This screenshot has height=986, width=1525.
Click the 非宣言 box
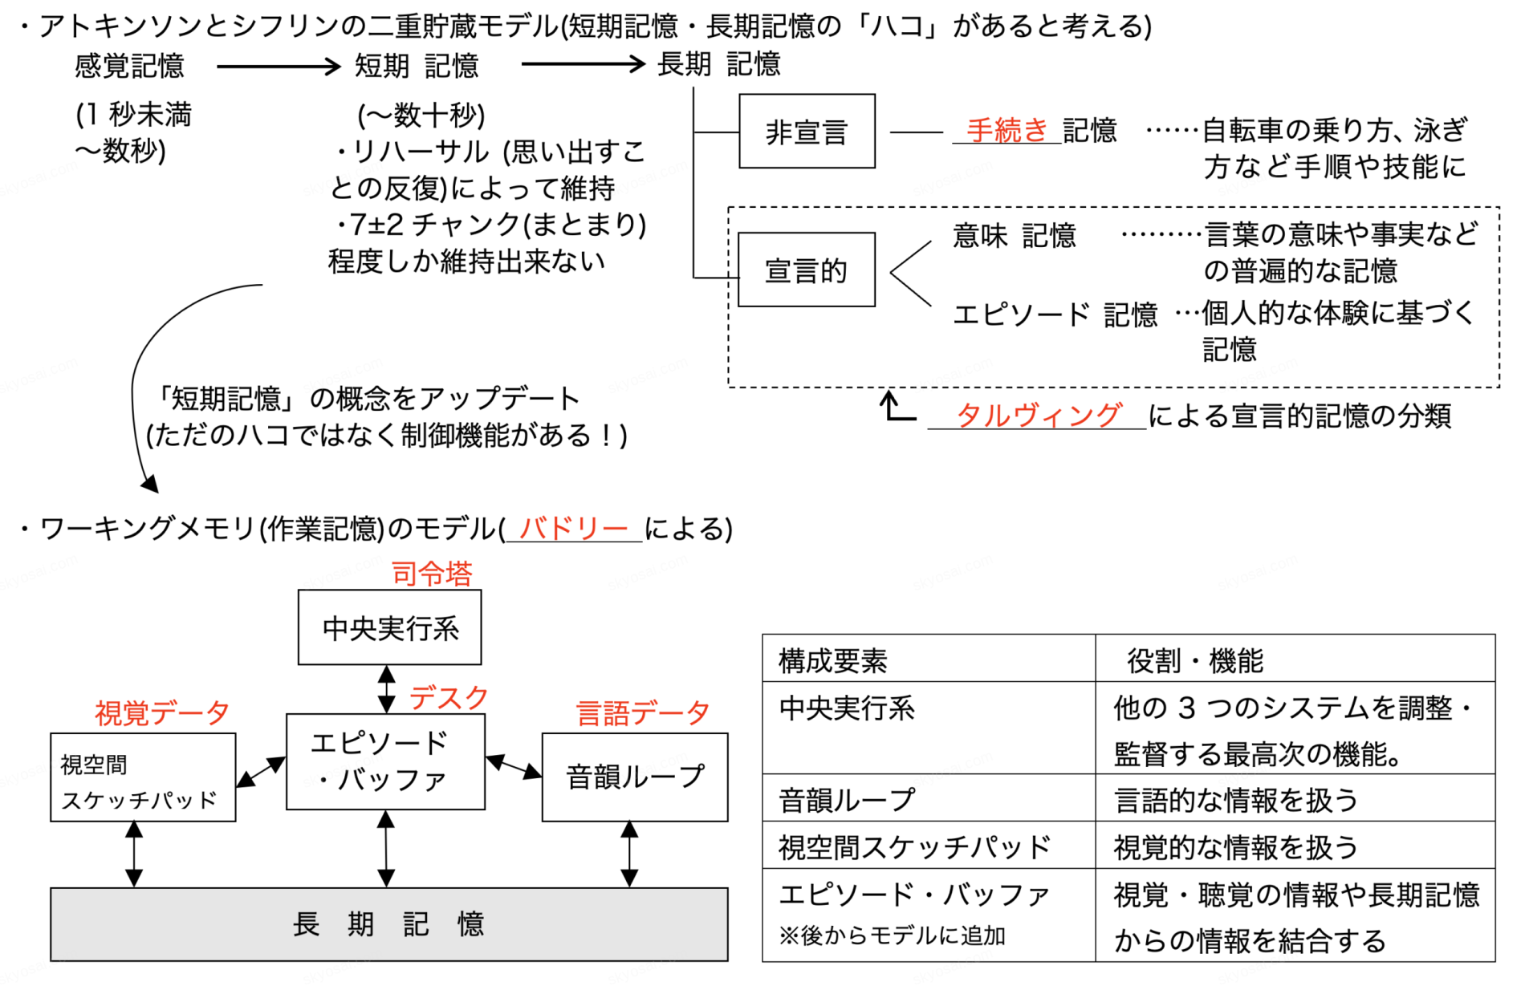807,131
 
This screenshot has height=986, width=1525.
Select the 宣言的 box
807,270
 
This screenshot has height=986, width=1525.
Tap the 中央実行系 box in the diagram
390,627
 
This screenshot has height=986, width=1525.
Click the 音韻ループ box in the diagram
635,777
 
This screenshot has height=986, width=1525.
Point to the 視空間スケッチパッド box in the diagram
143,777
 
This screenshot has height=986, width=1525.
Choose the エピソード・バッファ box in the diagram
385,761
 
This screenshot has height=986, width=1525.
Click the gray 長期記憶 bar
389,923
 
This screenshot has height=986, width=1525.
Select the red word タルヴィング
1039,415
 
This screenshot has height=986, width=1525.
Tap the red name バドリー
573,528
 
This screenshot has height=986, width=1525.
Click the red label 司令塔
432,574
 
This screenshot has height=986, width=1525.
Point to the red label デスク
449,697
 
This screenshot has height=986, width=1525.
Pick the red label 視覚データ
162,712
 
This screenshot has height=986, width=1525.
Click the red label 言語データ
643,712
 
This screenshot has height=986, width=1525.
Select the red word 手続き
1007,129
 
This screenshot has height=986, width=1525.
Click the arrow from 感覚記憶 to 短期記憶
279,66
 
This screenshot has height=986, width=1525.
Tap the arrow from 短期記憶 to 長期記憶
584,64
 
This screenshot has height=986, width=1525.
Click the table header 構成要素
833,660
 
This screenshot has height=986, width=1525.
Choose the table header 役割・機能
1195,660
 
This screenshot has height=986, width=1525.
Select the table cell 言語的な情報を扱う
1236,799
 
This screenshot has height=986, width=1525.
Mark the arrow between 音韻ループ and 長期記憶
630,854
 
